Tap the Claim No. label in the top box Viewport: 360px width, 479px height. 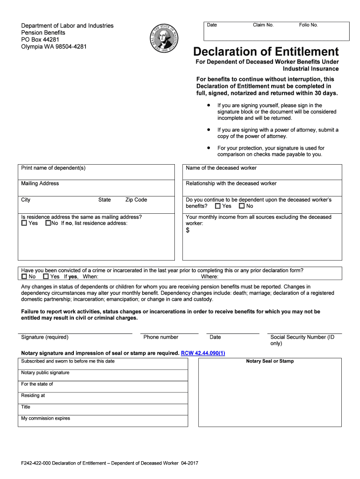click(x=263, y=25)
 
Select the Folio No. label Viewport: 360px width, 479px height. click(x=308, y=25)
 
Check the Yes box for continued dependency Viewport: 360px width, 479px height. click(x=218, y=206)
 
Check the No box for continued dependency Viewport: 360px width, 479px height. click(x=241, y=206)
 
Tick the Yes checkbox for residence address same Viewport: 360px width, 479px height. click(x=24, y=224)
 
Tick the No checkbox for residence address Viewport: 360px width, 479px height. click(x=48, y=224)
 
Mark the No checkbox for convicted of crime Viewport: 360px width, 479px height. click(x=24, y=277)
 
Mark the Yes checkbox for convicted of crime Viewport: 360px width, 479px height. click(x=45, y=277)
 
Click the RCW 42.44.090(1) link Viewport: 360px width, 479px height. click(x=203, y=353)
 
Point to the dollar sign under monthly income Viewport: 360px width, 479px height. click(x=188, y=231)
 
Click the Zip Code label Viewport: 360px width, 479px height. click(x=136, y=200)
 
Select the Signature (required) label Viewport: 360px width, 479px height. click(x=45, y=337)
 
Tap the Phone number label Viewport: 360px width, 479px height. click(x=160, y=337)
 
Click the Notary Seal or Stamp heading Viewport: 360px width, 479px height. click(x=270, y=361)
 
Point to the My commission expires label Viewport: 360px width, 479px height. click(x=45, y=418)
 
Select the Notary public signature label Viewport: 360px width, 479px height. click(x=45, y=373)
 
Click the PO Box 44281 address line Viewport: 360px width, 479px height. click(x=40, y=40)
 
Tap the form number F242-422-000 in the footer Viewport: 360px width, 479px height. click(x=36, y=463)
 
